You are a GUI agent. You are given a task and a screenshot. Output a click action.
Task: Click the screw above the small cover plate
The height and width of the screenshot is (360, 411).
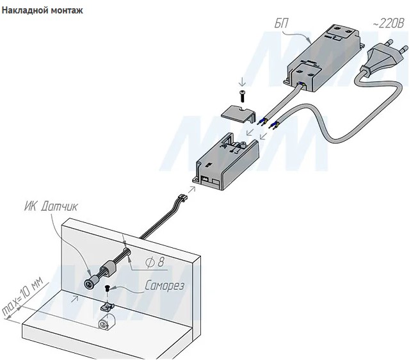pos(243,97)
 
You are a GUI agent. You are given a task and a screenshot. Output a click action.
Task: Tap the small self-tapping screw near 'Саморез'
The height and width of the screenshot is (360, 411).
pos(109,290)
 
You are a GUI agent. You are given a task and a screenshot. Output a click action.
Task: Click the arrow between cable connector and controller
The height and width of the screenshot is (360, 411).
pos(190,183)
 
